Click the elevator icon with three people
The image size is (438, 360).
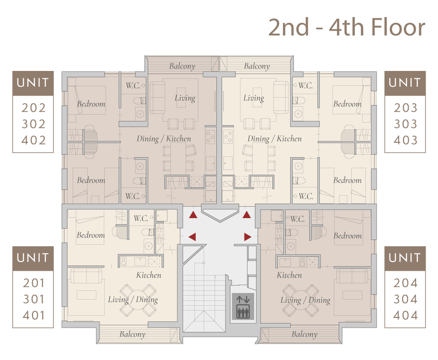pyautogui.click(x=243, y=306)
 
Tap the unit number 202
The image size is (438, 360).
pyautogui.click(x=34, y=108)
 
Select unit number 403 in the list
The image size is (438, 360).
pyautogui.click(x=406, y=140)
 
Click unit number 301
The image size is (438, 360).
pyautogui.click(x=34, y=300)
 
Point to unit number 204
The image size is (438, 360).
pyautogui.click(x=406, y=283)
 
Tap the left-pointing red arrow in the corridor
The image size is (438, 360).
pyautogui.click(x=192, y=237)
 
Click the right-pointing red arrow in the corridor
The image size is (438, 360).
pyautogui.click(x=247, y=237)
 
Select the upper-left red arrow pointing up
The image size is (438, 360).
pyautogui.click(x=193, y=215)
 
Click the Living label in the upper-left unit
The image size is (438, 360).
pyautogui.click(x=185, y=98)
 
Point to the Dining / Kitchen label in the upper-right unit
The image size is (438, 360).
pyautogui.click(x=275, y=139)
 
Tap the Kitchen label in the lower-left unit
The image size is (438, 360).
pyautogui.click(x=148, y=275)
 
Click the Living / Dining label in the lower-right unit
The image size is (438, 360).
pyautogui.click(x=305, y=300)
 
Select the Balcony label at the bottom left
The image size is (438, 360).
pyautogui.click(x=132, y=334)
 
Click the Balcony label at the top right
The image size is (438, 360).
pyautogui.click(x=257, y=66)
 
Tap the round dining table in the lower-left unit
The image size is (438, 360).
pyautogui.click(x=138, y=300)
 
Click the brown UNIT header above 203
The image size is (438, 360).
pyautogui.click(x=405, y=83)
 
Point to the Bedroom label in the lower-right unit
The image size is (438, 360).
pyautogui.click(x=347, y=236)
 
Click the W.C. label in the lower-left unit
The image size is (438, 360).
pyautogui.click(x=141, y=219)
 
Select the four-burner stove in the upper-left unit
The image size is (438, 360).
pyautogui.click(x=211, y=137)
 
